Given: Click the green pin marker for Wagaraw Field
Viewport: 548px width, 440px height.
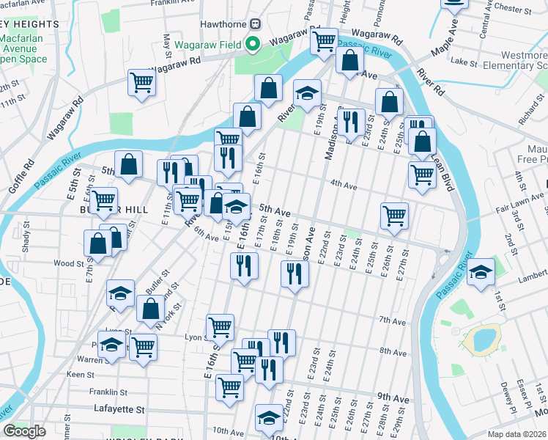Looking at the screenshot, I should pos(253,44).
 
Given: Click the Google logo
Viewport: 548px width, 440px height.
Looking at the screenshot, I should pos(24,431).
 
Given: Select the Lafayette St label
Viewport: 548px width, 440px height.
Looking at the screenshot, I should pos(119,408).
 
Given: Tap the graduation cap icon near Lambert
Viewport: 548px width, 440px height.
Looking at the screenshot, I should pos(481,272).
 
